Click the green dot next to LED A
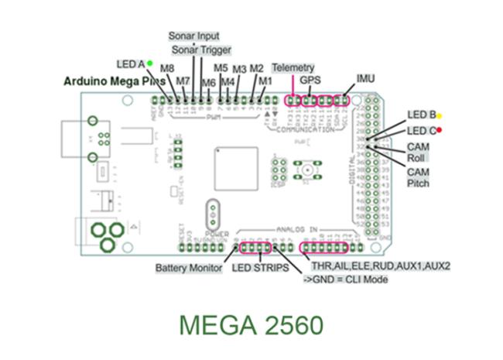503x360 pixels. (x=149, y=62)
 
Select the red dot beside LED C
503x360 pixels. (x=439, y=130)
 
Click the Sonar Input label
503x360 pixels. (x=193, y=36)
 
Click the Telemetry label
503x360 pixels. (x=293, y=69)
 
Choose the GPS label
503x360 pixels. (x=311, y=80)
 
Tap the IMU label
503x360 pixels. (x=365, y=78)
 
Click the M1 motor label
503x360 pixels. (x=265, y=80)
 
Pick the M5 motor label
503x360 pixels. (x=221, y=68)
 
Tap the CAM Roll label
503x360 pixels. (x=419, y=151)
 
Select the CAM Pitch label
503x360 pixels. (x=419, y=177)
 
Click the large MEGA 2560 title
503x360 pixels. (x=252, y=324)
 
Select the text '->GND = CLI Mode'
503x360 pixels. (x=345, y=278)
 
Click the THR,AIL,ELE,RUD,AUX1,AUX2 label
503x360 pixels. (x=380, y=266)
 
